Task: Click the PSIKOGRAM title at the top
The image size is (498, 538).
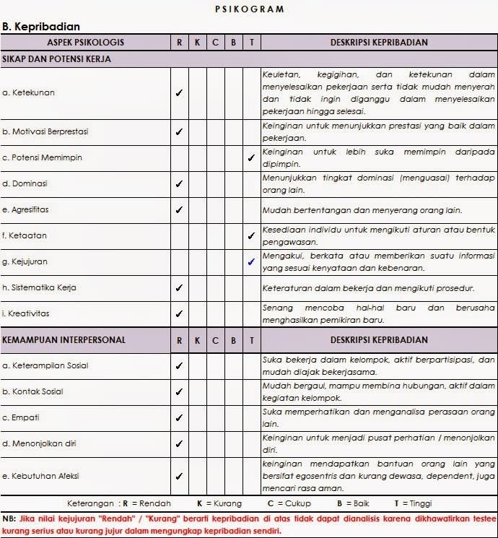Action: [x=249, y=9]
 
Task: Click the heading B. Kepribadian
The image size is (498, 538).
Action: [x=40, y=26]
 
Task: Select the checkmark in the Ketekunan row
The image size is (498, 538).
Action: [x=179, y=92]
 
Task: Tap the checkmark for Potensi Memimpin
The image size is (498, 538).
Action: [x=251, y=157]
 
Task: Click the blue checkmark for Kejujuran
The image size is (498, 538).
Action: [x=251, y=261]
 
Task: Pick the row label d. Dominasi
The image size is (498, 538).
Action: [x=25, y=183]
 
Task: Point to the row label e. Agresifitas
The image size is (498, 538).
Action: [x=26, y=209]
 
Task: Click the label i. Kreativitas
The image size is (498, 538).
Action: [x=27, y=313]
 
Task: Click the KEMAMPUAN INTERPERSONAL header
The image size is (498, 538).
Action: [x=64, y=339]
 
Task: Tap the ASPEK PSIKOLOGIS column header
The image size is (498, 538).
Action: [x=85, y=42]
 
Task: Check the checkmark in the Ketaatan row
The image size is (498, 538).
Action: [x=251, y=235]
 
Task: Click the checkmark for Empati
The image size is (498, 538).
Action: [x=179, y=417]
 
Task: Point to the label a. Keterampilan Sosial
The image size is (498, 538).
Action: [x=45, y=365]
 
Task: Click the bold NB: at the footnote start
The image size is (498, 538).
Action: [x=9, y=519]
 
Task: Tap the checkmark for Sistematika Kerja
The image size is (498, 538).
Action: [x=179, y=287]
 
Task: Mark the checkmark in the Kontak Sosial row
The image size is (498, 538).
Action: [x=179, y=391]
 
